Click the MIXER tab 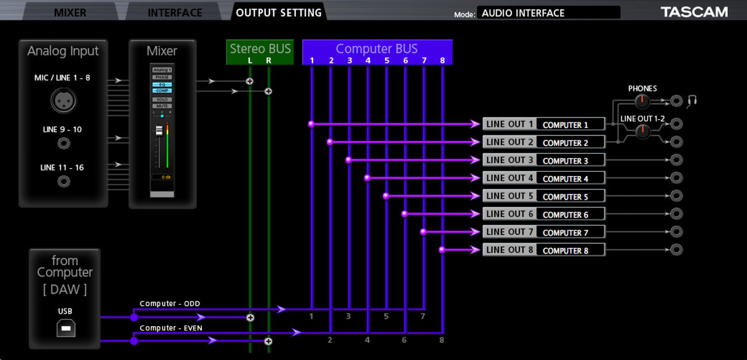tap(70, 12)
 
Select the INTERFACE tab tap(175, 12)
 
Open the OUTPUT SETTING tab tap(279, 12)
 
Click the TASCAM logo tap(694, 12)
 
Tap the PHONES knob tap(642, 101)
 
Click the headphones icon tap(692, 101)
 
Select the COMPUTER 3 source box tap(570, 161)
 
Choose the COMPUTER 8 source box tap(570, 250)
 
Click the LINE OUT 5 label tap(509, 196)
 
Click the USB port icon tap(65, 328)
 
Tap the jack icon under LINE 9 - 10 tap(63, 144)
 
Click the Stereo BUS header tap(260, 49)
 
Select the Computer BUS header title tap(377, 49)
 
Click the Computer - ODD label tap(170, 303)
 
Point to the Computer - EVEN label tap(171, 328)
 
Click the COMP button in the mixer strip tap(162, 90)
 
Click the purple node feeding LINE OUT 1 tap(311, 124)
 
